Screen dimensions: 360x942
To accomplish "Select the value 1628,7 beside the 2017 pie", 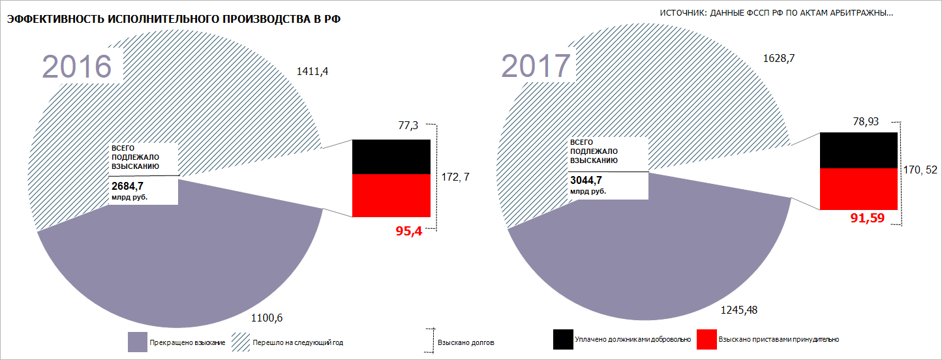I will pyautogui.click(x=780, y=59).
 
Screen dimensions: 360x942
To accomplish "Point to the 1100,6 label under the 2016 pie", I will pyautogui.click(x=267, y=318).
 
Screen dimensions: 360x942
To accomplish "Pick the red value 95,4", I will pyautogui.click(x=409, y=231).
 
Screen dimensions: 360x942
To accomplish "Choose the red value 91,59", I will pyautogui.click(x=867, y=218).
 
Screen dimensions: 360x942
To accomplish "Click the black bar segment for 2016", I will pyautogui.click(x=391, y=157).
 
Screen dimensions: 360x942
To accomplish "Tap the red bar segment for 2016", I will pyautogui.click(x=391, y=196).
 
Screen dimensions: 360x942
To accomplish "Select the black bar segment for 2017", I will pyautogui.click(x=859, y=150).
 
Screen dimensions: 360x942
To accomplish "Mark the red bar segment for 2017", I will pyautogui.click(x=859, y=189).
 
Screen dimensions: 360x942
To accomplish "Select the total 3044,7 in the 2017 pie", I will pyautogui.click(x=586, y=181).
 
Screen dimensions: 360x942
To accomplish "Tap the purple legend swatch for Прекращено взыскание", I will pyautogui.click(x=136, y=342).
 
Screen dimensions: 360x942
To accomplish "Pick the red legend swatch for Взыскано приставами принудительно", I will pyautogui.click(x=706, y=339).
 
